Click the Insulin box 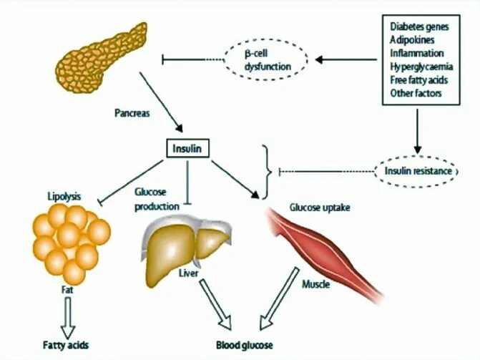coord(187,150)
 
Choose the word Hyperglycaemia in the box coord(418,67)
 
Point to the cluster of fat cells coord(70,240)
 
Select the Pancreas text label coord(132,112)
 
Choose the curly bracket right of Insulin coord(268,172)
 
